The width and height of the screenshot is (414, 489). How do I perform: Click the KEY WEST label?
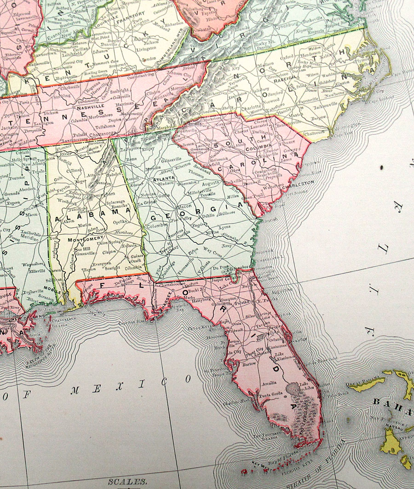click(x=259, y=465)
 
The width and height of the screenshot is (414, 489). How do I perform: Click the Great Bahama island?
click(x=368, y=381)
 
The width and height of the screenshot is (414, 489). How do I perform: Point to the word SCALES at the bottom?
click(x=124, y=482)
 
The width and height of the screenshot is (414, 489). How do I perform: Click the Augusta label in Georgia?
click(x=212, y=183)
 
